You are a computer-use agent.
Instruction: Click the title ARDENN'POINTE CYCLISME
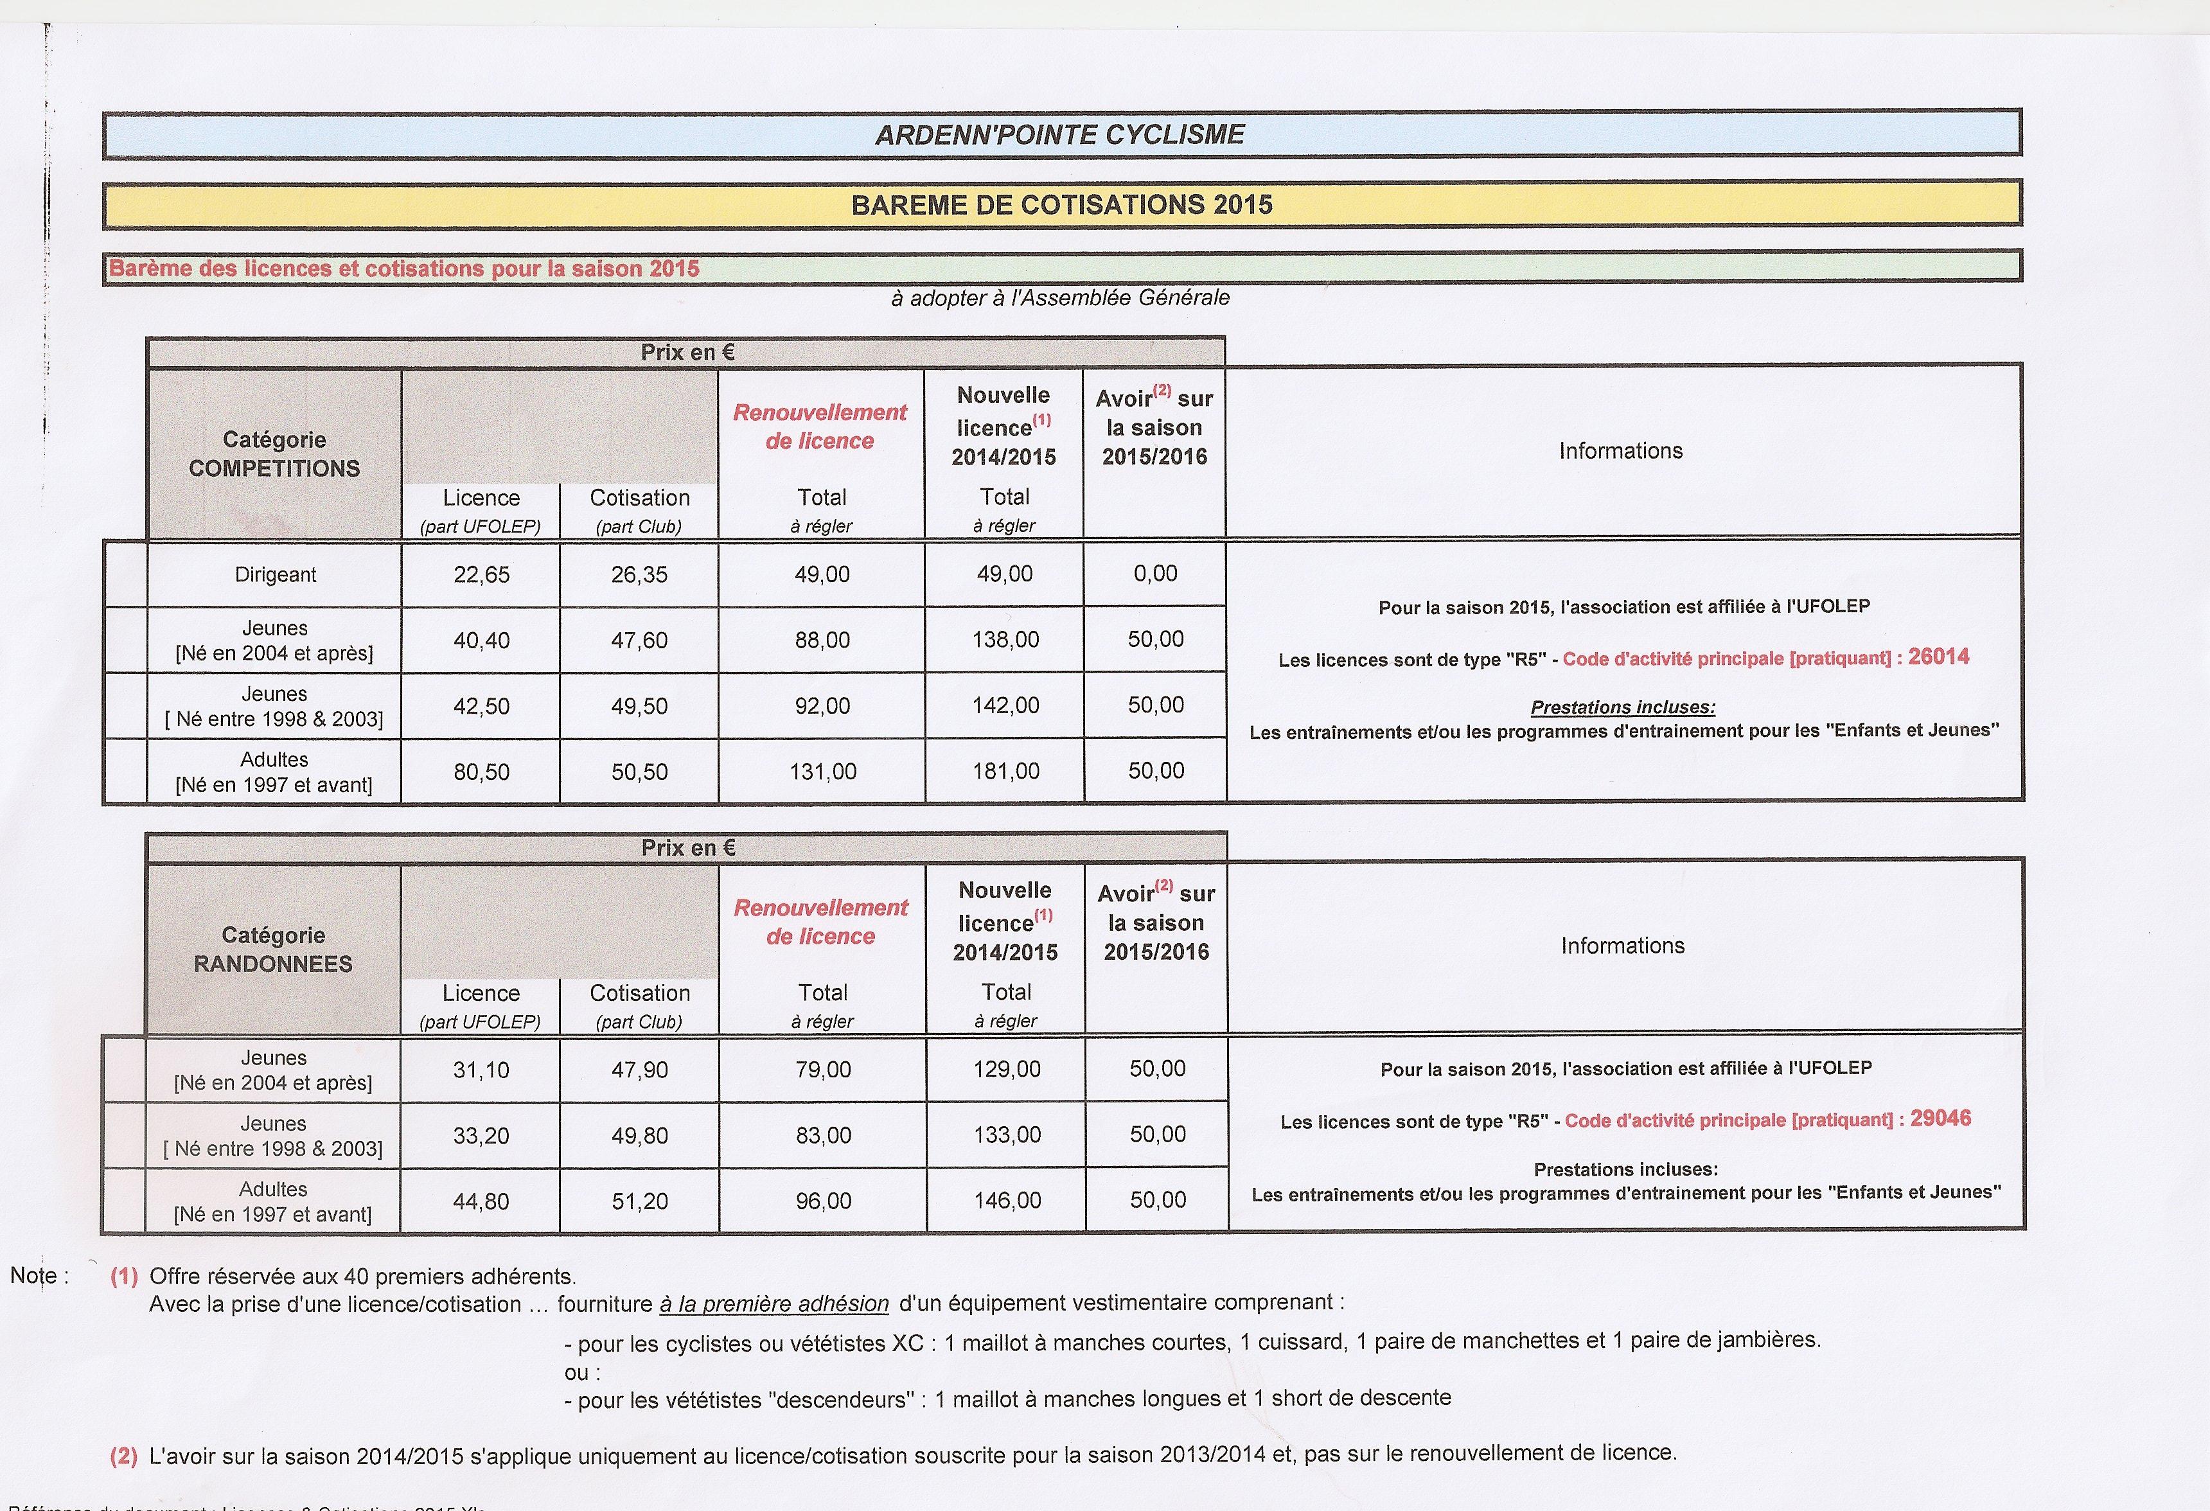point(1059,135)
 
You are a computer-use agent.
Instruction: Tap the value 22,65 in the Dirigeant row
point(481,574)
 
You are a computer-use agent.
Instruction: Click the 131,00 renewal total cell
point(822,771)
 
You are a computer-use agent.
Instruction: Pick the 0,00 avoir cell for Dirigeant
point(1155,574)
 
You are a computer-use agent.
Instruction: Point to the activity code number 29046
point(1940,1118)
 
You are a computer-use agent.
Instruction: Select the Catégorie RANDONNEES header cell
point(273,949)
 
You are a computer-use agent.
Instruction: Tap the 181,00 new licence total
point(1005,771)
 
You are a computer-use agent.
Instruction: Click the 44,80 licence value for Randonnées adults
point(481,1201)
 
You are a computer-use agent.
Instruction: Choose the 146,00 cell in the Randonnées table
point(1007,1200)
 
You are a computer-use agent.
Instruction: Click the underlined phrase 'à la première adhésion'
point(774,1303)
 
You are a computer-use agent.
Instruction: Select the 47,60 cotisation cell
point(639,640)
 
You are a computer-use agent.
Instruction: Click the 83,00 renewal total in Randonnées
point(824,1135)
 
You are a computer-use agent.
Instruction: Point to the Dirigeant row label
point(275,574)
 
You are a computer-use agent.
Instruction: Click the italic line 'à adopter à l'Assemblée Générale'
point(1059,297)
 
